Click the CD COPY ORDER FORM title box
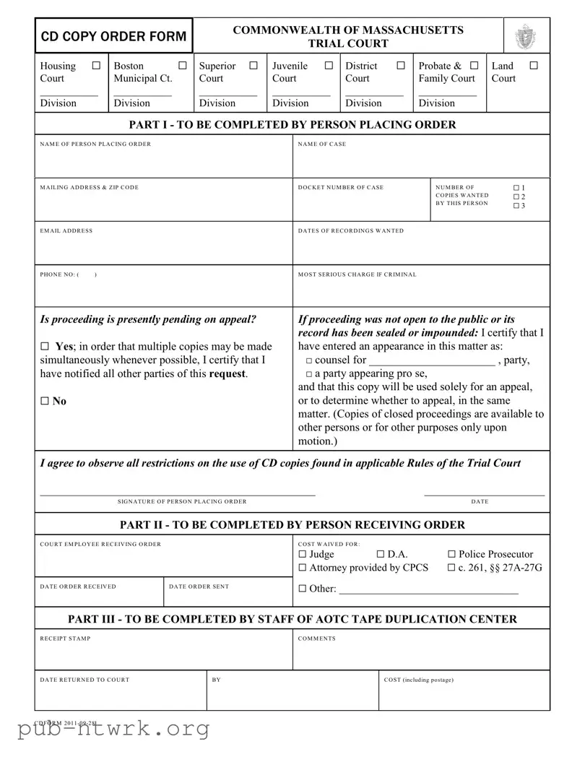click(114, 36)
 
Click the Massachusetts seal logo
click(525, 36)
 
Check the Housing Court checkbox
click(96, 66)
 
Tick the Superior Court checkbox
click(253, 66)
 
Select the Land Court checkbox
click(534, 66)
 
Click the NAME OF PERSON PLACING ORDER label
click(95, 144)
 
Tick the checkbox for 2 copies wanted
click(516, 196)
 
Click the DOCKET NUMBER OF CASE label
click(341, 188)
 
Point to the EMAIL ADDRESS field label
click(66, 231)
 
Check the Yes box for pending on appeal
click(45, 347)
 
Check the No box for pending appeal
click(45, 402)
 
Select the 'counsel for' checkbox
click(309, 360)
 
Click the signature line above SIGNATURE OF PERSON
click(178, 495)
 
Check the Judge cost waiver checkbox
click(303, 554)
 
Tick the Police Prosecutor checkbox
click(452, 554)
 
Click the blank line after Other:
click(428, 590)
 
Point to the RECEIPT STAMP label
click(65, 639)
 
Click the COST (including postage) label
click(419, 680)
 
